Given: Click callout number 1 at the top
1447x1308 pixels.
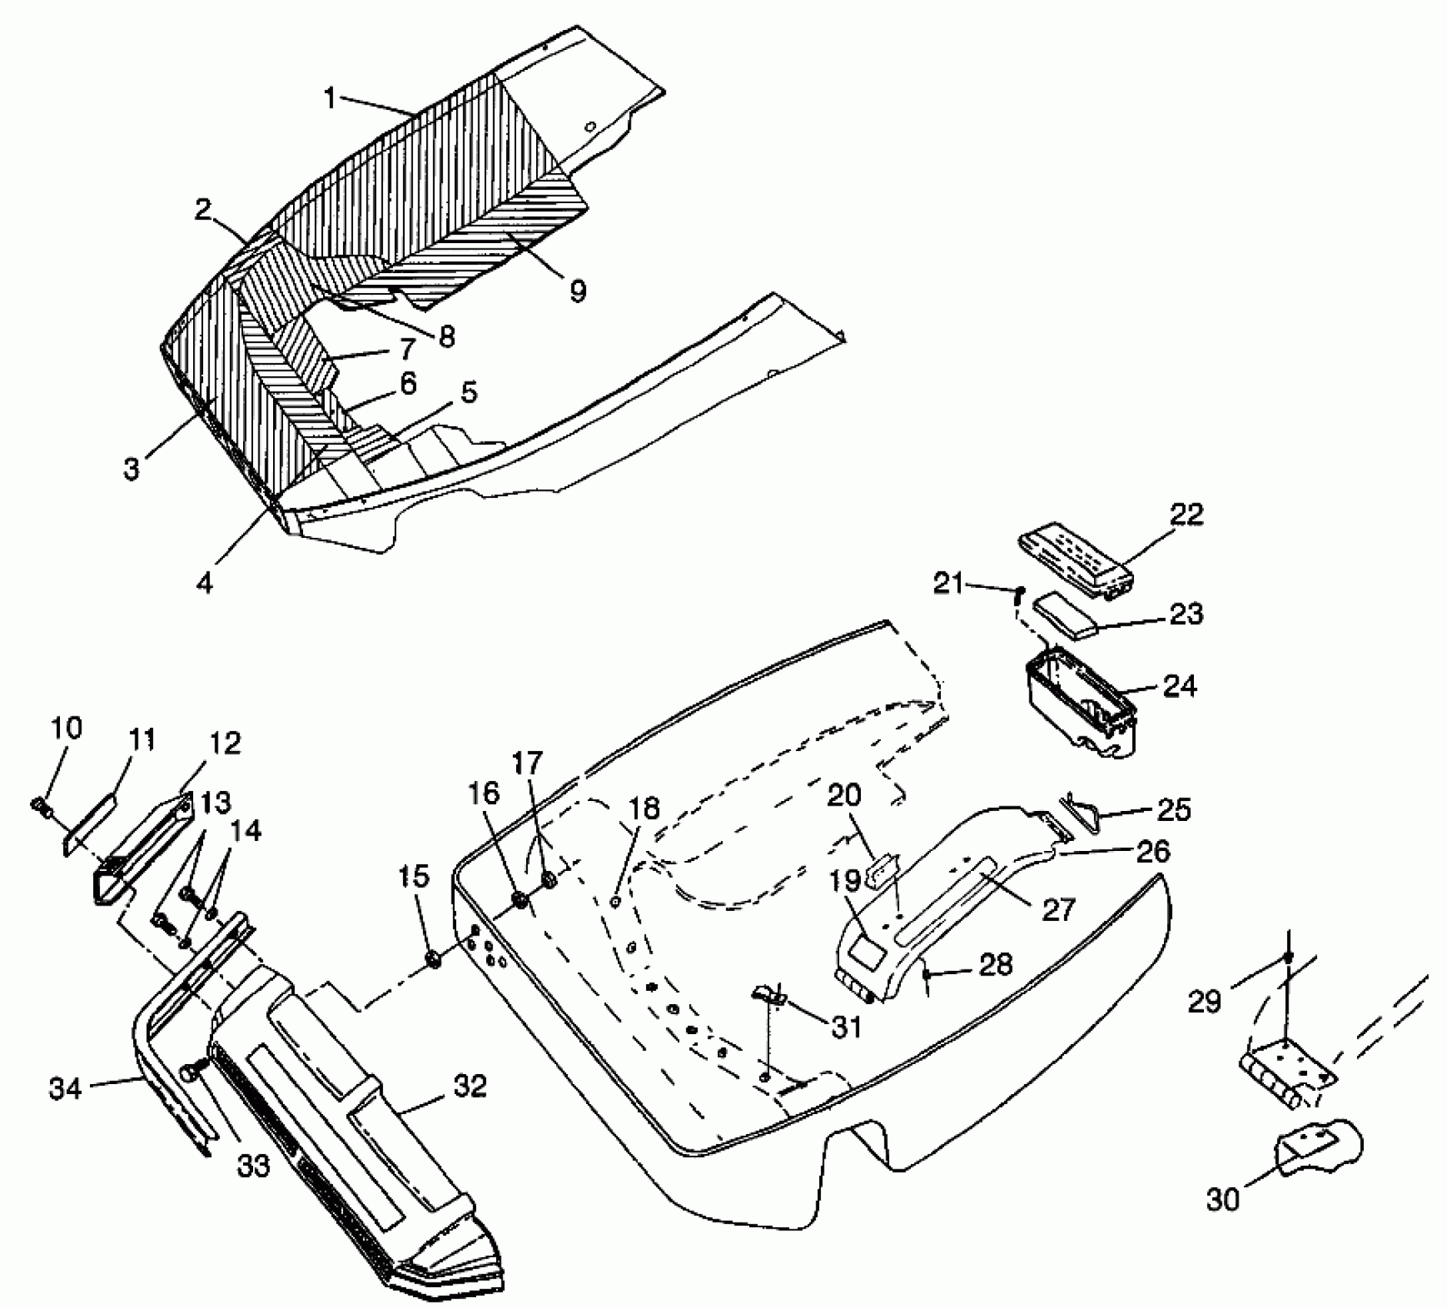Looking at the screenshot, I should tap(330, 98).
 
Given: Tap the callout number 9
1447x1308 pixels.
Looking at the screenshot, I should tap(578, 291).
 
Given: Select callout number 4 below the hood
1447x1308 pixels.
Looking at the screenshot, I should tap(205, 582).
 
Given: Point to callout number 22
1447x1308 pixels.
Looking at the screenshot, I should tap(1185, 514).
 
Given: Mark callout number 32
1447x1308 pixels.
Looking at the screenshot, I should tap(470, 1086).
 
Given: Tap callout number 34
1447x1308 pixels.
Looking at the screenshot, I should tap(66, 1088).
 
